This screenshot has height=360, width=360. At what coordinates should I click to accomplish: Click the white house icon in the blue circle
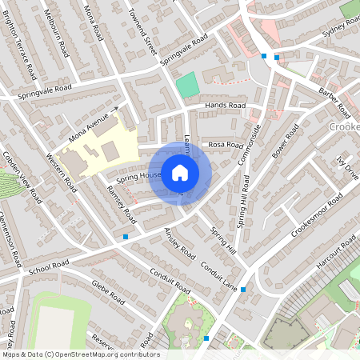pyautogui.click(x=180, y=172)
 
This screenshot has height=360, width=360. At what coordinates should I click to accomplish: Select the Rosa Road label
pyautogui.click(x=225, y=145)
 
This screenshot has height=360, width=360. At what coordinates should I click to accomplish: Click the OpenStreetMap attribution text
pyautogui.click(x=80, y=354)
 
